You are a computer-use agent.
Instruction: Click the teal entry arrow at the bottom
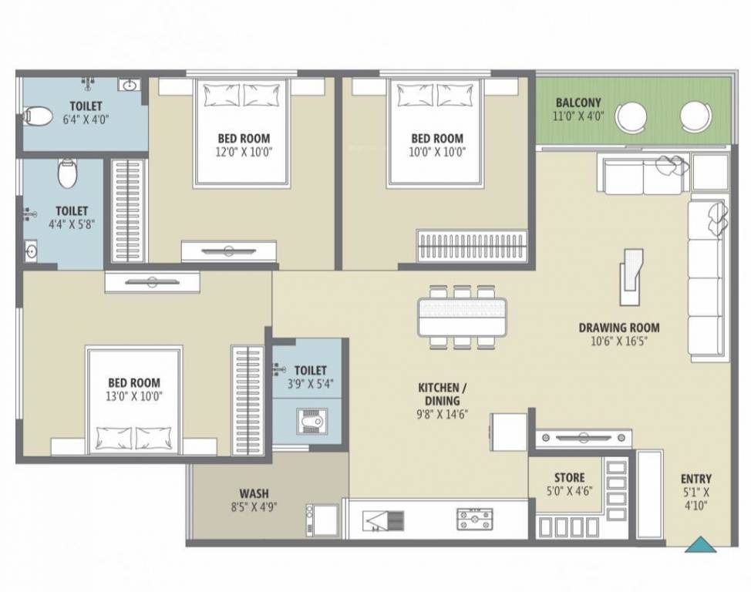(x=701, y=545)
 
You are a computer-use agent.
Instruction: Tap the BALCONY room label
(x=578, y=103)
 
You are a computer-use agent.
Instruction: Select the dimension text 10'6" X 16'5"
(x=618, y=341)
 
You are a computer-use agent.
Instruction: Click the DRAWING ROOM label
(x=618, y=328)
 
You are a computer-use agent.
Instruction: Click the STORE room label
(x=569, y=478)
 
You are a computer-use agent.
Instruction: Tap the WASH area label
(x=254, y=493)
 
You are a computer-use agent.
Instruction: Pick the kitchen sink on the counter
(x=382, y=520)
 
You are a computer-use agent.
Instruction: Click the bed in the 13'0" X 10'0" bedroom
(x=136, y=401)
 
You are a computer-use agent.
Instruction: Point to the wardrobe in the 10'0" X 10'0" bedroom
(x=473, y=246)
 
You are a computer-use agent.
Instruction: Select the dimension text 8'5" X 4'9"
(x=254, y=507)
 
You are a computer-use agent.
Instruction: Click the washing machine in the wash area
(x=322, y=520)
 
